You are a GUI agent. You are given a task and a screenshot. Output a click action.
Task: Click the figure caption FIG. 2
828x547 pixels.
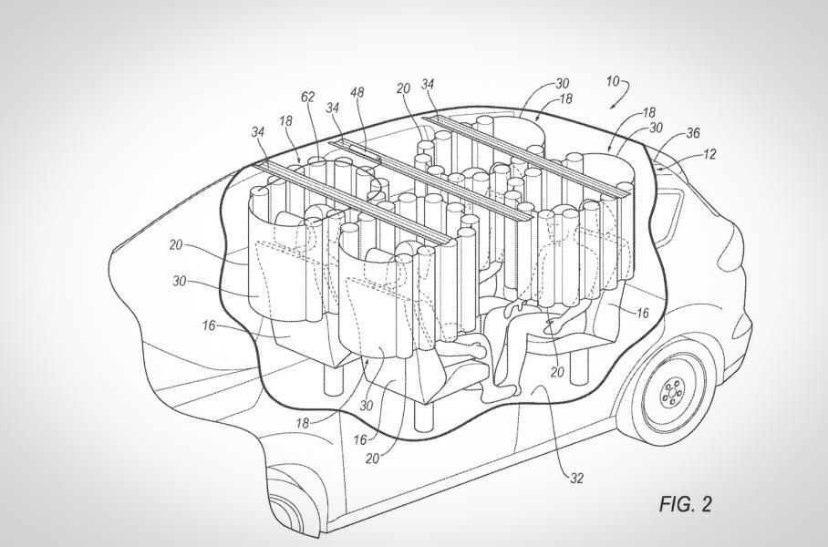click(684, 504)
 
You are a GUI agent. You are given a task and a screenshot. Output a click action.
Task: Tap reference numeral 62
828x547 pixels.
click(309, 96)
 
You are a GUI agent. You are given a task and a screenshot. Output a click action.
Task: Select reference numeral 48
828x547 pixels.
click(357, 93)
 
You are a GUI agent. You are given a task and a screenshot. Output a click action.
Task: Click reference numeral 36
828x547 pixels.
click(692, 134)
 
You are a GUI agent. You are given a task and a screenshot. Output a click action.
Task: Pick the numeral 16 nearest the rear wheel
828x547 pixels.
click(642, 313)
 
